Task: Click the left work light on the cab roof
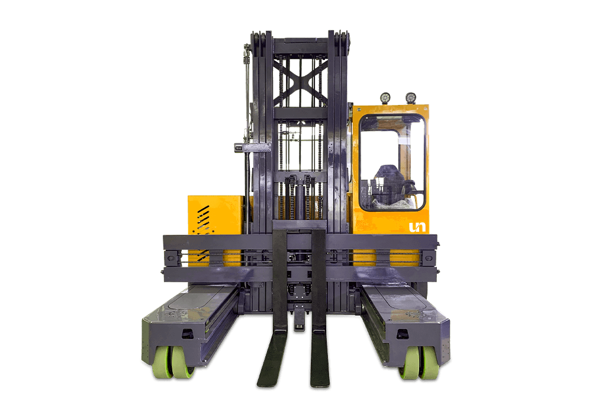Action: tap(385, 97)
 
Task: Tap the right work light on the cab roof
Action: tap(410, 97)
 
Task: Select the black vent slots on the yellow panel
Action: tap(202, 225)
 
